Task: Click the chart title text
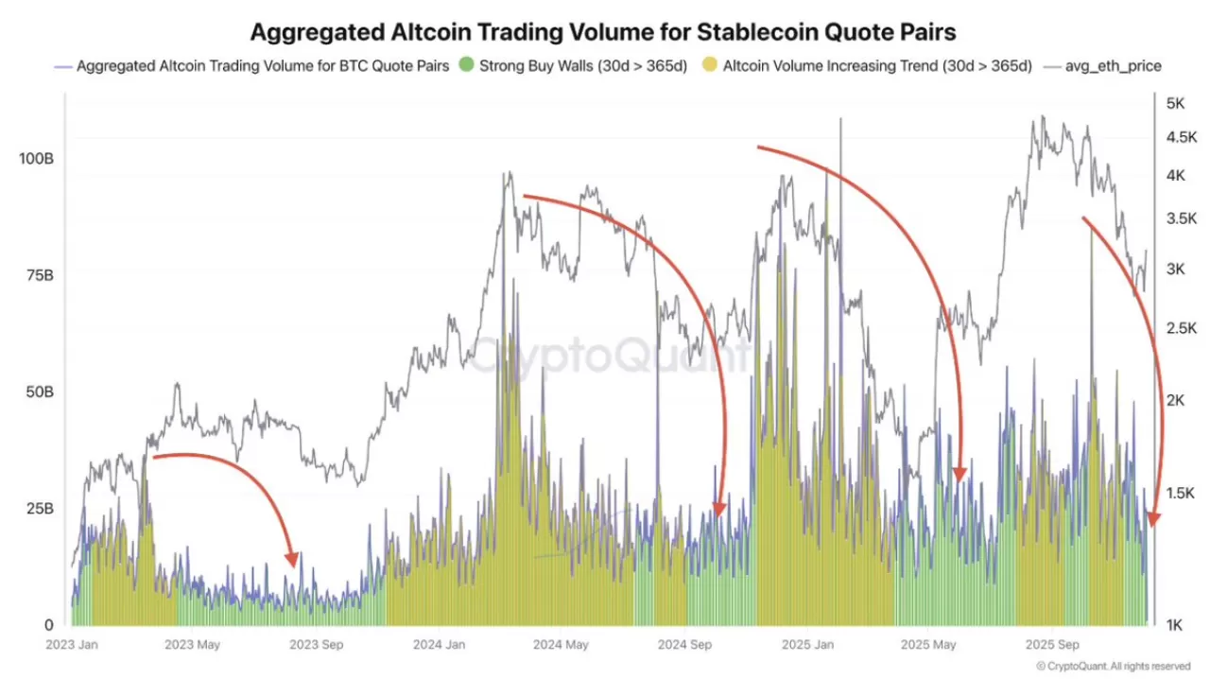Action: (x=603, y=31)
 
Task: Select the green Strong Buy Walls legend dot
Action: (x=465, y=66)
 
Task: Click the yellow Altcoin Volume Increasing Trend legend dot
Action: (x=709, y=66)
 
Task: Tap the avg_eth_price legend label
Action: (x=1113, y=66)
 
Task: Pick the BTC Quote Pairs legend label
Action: (x=263, y=66)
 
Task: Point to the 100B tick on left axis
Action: (x=36, y=158)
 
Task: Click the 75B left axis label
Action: (x=38, y=275)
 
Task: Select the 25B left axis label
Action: (x=38, y=509)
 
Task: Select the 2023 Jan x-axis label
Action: (x=75, y=645)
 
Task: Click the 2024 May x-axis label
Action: (x=561, y=645)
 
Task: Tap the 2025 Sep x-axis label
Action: (x=1054, y=645)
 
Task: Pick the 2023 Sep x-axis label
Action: (x=318, y=645)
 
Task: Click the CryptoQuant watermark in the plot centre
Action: (x=605, y=357)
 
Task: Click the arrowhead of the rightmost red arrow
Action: (x=1153, y=519)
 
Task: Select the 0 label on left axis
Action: (x=48, y=625)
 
